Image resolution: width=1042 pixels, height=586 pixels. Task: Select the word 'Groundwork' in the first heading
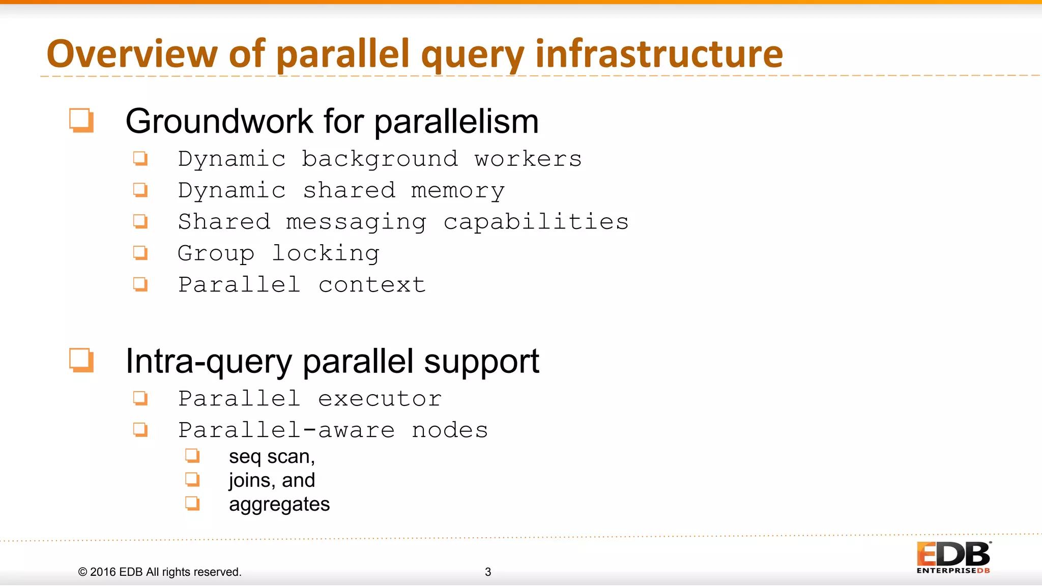click(x=219, y=122)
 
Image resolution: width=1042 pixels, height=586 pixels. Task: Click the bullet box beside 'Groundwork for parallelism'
click(x=81, y=121)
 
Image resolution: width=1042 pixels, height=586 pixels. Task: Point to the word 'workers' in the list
click(x=528, y=159)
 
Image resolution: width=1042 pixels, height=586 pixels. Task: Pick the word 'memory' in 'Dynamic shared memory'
click(x=457, y=191)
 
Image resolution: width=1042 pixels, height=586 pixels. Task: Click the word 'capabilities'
click(x=536, y=222)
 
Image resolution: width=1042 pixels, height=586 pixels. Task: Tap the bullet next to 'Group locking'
click(x=140, y=253)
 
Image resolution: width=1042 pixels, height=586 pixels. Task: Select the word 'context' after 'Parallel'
click(x=372, y=285)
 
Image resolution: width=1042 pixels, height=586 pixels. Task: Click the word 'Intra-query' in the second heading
click(x=209, y=362)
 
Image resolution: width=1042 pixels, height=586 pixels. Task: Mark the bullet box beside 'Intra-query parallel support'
click(x=81, y=361)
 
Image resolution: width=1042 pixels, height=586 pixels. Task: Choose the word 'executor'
click(x=380, y=399)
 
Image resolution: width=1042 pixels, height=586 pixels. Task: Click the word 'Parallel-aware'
click(x=286, y=430)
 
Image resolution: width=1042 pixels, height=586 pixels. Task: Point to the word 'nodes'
click(x=450, y=430)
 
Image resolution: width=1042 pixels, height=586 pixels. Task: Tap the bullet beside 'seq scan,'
click(x=192, y=455)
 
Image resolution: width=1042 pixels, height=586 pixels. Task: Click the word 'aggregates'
click(x=279, y=505)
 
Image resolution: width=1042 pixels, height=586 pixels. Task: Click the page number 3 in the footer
click(x=488, y=572)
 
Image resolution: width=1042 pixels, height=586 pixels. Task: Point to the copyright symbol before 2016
click(x=82, y=572)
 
